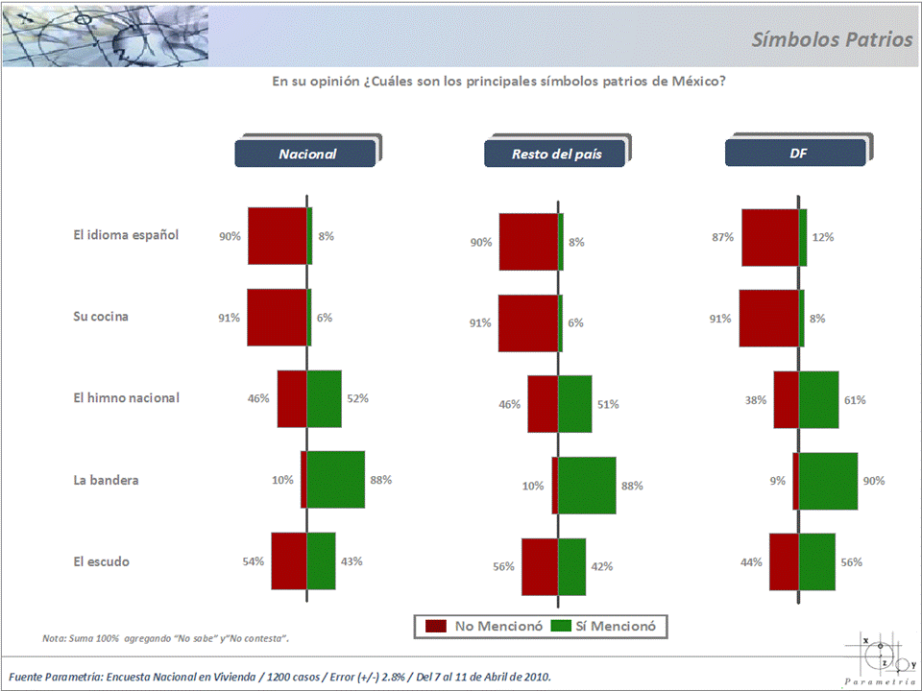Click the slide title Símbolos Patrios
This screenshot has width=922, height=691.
pyautogui.click(x=832, y=39)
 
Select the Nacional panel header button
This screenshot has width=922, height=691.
pyautogui.click(x=307, y=154)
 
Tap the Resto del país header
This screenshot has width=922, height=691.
pyautogui.click(x=556, y=154)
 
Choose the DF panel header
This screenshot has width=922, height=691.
pyautogui.click(x=797, y=154)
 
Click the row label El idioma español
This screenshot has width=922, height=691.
pyautogui.click(x=126, y=234)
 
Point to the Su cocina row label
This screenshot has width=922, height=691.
pyautogui.click(x=101, y=316)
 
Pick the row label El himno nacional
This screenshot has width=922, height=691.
pyautogui.click(x=126, y=397)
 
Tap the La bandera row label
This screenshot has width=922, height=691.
pyautogui.click(x=106, y=479)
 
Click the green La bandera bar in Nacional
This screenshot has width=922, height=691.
pyautogui.click(x=336, y=479)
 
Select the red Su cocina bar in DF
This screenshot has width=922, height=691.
pyautogui.click(x=768, y=318)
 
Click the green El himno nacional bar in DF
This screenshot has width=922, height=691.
pyautogui.click(x=819, y=399)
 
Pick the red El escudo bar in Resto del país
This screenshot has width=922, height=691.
pyautogui.click(x=540, y=566)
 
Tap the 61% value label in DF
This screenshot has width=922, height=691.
pyautogui.click(x=854, y=400)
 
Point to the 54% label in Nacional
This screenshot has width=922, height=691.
pyautogui.click(x=254, y=561)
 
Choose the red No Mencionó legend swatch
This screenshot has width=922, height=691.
pyautogui.click(x=436, y=626)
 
